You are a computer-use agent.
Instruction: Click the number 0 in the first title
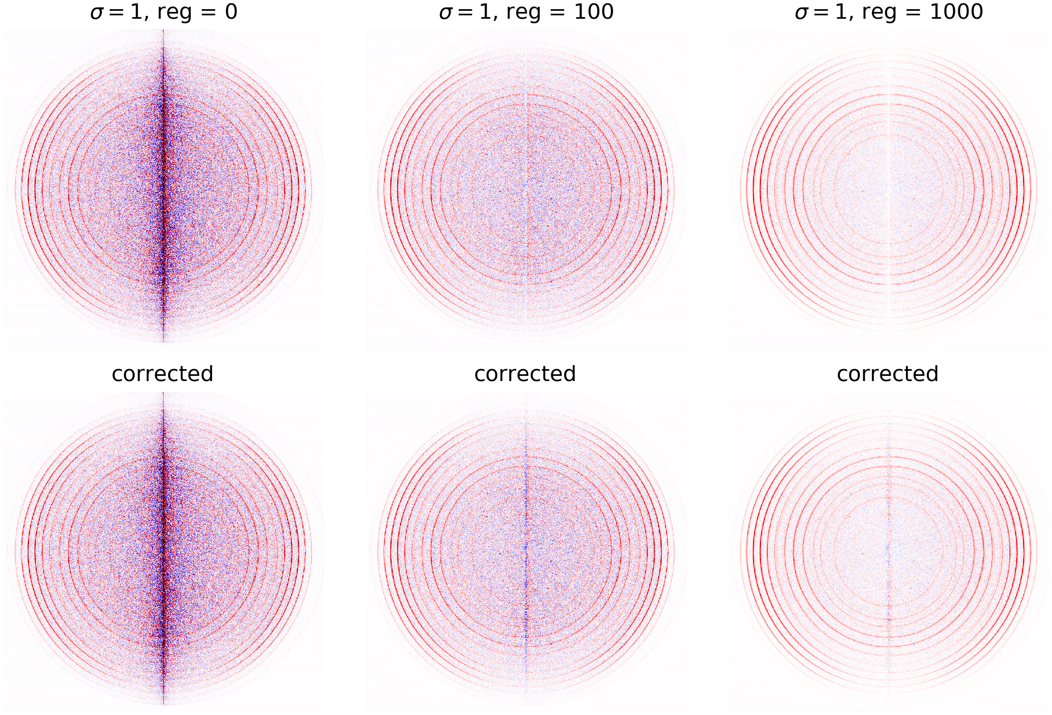(231, 12)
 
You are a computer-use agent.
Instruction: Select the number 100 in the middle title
(593, 12)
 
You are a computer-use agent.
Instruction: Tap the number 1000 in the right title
(956, 12)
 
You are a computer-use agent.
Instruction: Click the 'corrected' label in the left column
(163, 374)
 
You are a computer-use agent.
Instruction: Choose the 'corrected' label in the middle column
(525, 374)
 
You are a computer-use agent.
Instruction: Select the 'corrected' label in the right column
(888, 374)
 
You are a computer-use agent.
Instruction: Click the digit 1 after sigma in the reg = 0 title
(136, 12)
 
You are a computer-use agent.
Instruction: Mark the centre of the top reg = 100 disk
(526, 186)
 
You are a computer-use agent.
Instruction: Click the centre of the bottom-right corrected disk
(888, 549)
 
